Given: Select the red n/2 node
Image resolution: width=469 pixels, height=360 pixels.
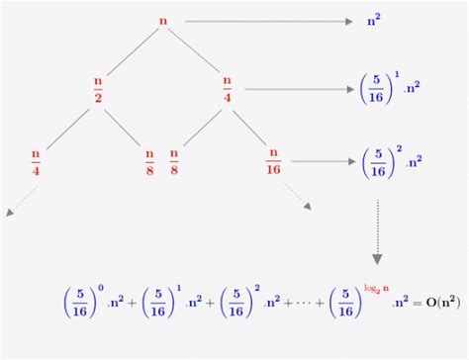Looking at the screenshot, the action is (98, 88).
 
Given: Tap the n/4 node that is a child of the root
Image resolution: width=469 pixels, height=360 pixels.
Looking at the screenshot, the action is (228, 88).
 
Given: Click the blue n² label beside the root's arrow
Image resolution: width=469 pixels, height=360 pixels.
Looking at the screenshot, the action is (373, 20).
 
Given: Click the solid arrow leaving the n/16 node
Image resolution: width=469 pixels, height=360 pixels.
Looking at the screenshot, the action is (318, 159).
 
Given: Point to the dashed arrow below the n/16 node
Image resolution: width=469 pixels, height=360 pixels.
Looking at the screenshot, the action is (298, 199).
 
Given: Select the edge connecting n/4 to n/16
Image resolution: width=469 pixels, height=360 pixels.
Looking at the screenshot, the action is (251, 125).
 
